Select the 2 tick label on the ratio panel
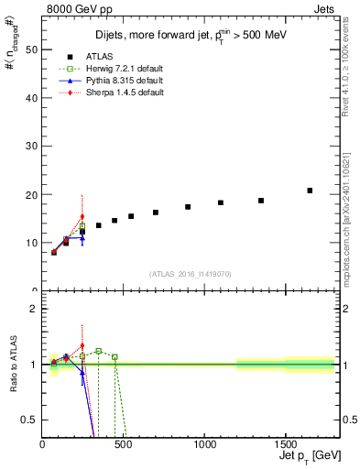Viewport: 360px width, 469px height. tap(32, 309)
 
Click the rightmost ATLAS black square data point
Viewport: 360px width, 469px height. tap(310, 191)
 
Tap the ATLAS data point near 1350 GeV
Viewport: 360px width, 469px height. tap(261, 201)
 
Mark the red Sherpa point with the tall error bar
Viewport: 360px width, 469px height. tap(82, 217)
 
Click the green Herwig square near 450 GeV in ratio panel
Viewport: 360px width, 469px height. tap(115, 356)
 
